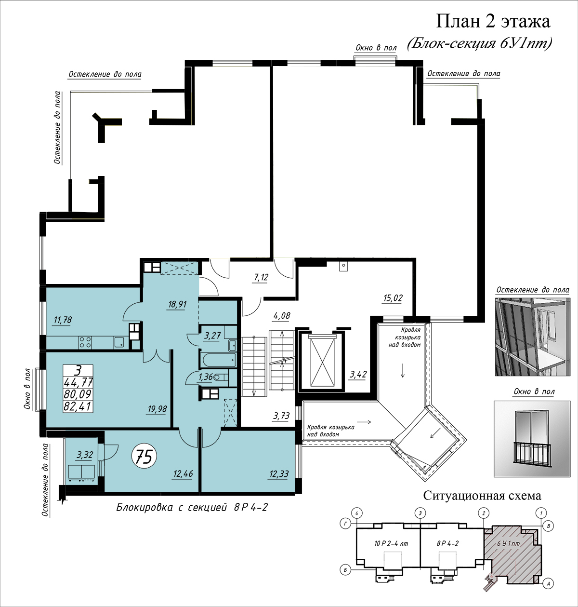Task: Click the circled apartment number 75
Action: (144, 457)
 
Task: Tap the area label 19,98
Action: (158, 409)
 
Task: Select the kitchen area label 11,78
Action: (63, 320)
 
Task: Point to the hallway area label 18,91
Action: (177, 304)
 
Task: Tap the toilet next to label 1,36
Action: (221, 377)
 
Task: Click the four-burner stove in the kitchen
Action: (85, 342)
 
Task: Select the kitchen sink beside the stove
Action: (119, 342)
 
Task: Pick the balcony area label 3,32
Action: (84, 455)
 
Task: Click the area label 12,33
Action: (279, 474)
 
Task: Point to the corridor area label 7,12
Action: (261, 277)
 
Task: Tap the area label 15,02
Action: (393, 298)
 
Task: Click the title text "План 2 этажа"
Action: (493, 22)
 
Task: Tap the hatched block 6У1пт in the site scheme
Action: (512, 554)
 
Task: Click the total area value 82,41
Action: (78, 406)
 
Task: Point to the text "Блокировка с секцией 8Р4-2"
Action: (192, 507)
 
